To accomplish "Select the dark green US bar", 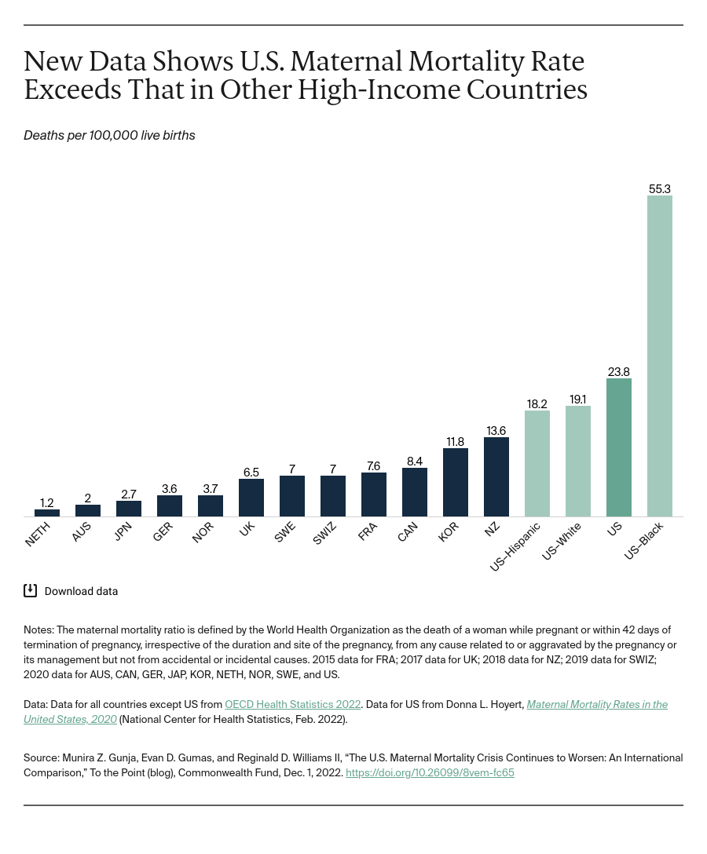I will click(618, 447).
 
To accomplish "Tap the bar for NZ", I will click(496, 476).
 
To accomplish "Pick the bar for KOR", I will click(455, 482).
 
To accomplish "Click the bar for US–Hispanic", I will click(537, 463).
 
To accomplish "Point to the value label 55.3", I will click(659, 189).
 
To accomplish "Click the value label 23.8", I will click(618, 372).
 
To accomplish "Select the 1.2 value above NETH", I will click(47, 503).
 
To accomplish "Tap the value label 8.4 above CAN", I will click(414, 462).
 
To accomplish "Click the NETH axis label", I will click(38, 534).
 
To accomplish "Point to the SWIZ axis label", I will click(324, 534).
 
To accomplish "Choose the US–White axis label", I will click(562, 542).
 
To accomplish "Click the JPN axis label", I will click(123, 532).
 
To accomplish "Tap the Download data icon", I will click(31, 591).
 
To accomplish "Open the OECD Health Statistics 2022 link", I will click(292, 705).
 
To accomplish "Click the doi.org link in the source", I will click(430, 772).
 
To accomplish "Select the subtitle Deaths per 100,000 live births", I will click(109, 136).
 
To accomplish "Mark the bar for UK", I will click(251, 497).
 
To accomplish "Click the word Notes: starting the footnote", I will click(38, 630).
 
